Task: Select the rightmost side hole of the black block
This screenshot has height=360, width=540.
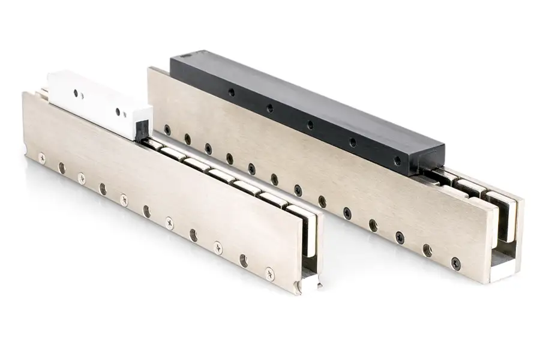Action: pyautogui.click(x=397, y=161)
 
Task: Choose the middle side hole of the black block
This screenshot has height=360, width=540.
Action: pyautogui.click(x=310, y=125)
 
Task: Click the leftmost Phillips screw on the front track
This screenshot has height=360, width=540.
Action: pyautogui.click(x=41, y=158)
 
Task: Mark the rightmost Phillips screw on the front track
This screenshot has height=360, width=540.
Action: pyautogui.click(x=269, y=273)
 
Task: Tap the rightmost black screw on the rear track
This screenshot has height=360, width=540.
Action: pyautogui.click(x=456, y=262)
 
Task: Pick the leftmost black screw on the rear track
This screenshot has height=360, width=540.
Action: pyautogui.click(x=167, y=129)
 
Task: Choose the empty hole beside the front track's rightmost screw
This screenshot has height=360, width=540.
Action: pyautogui.click(x=244, y=260)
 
